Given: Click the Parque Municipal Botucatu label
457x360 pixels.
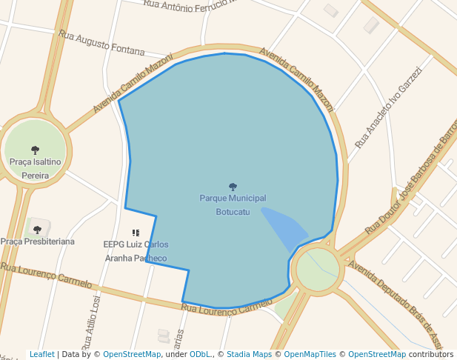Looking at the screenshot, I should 233,205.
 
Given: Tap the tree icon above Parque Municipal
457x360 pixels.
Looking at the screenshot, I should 233,187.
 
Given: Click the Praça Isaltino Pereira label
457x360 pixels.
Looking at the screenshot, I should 35,168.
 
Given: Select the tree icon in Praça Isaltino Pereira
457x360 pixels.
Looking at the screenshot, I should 35,150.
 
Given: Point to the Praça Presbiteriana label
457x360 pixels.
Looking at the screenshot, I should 37,241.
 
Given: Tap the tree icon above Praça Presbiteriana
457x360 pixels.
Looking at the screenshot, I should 37,230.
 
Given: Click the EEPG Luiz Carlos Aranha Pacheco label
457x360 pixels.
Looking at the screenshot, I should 136,251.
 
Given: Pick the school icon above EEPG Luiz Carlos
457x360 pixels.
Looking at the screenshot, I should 136,233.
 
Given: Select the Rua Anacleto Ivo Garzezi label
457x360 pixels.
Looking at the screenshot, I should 387,107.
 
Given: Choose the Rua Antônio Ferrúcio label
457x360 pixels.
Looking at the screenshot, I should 189,4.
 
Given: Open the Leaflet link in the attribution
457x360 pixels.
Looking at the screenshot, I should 41,354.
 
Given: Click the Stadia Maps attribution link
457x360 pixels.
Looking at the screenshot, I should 249,354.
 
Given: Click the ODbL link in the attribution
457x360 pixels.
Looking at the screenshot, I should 201,354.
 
